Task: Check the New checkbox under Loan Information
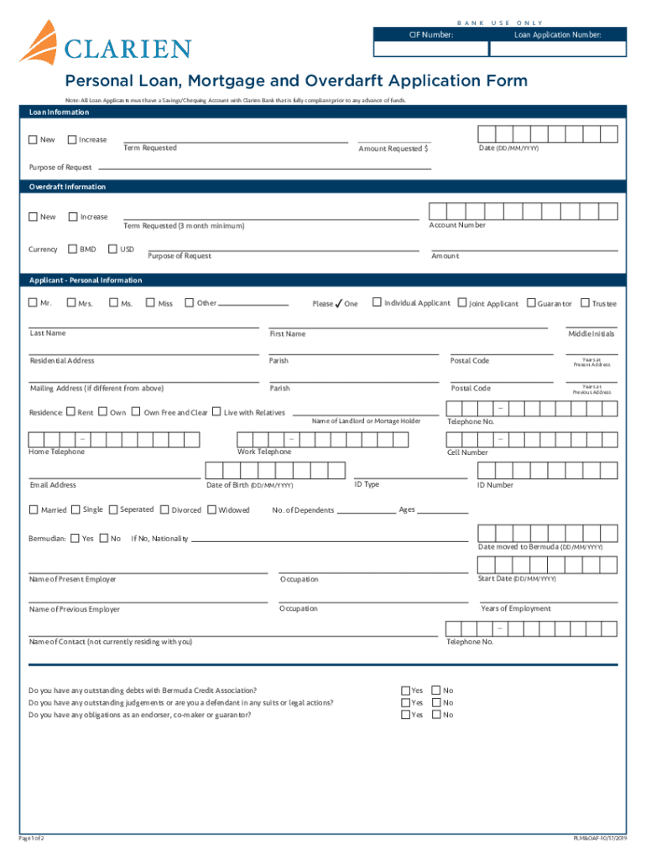(x=33, y=140)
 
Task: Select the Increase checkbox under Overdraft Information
(x=73, y=217)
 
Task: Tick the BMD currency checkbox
(x=72, y=249)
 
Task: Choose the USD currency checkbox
(x=113, y=249)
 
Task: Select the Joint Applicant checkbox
(x=462, y=302)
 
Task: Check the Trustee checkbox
(x=586, y=302)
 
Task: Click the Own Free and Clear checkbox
(x=137, y=411)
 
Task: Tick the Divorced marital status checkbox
(x=164, y=509)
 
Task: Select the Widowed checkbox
(x=211, y=509)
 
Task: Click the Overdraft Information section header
(x=68, y=187)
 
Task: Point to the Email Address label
(x=53, y=485)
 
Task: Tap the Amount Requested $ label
(x=393, y=148)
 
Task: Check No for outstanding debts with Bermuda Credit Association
(x=435, y=690)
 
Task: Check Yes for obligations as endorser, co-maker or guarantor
(x=406, y=715)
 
